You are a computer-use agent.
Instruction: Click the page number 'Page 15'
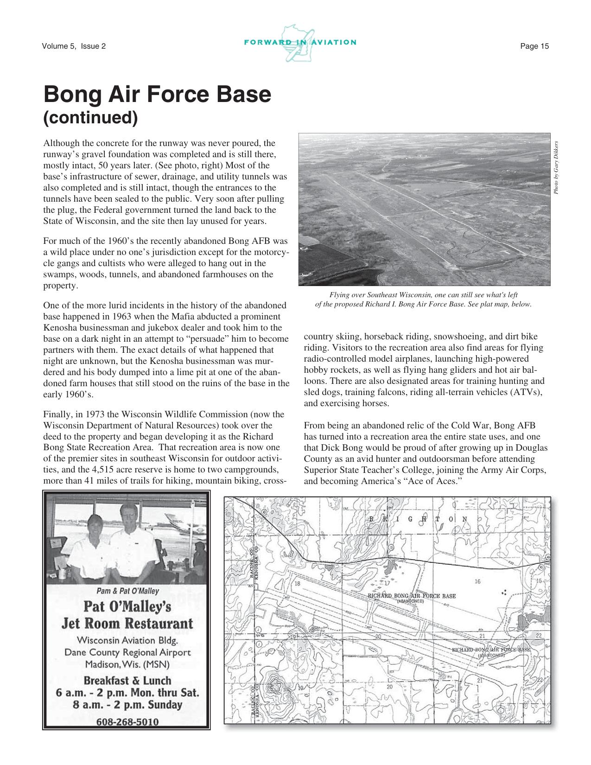[x=534, y=46]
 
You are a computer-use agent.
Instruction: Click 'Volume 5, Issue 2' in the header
[x=74, y=46]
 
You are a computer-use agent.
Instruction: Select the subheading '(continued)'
[x=90, y=118]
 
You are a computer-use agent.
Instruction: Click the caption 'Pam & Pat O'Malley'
[x=127, y=591]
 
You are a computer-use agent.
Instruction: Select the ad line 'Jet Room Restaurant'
[x=127, y=623]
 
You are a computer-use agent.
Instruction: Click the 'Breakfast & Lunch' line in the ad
[x=127, y=681]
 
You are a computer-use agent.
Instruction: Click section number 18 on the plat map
[x=297, y=583]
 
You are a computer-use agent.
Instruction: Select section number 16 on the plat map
[x=477, y=581]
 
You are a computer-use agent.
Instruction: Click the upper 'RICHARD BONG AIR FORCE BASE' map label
[x=412, y=596]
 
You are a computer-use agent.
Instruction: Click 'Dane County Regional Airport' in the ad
[x=127, y=652]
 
